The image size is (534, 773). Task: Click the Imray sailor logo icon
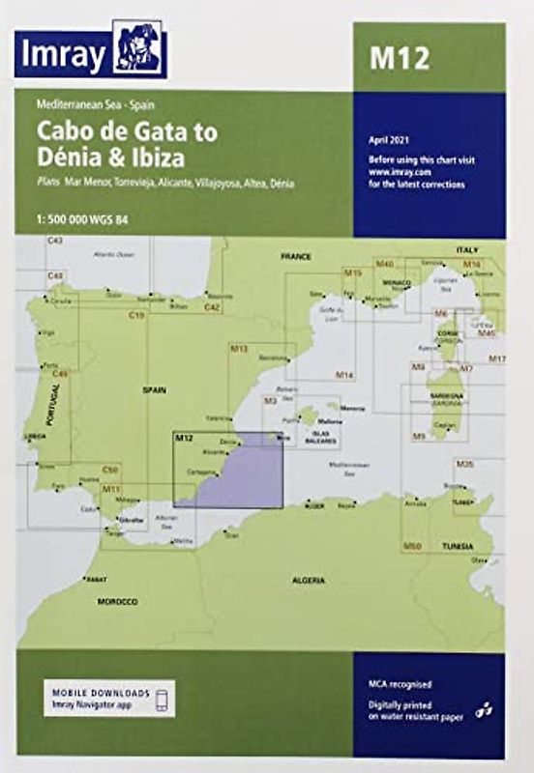tap(138, 48)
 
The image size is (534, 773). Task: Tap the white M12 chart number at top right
tap(398, 59)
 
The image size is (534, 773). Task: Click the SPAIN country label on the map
tap(154, 389)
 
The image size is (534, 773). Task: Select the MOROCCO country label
tap(118, 601)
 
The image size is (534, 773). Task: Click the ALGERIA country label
tap(310, 580)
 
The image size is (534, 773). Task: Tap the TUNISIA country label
tap(458, 547)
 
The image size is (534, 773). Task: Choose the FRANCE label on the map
tap(293, 258)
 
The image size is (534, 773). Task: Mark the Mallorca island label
tap(329, 421)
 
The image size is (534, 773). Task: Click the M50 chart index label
tap(412, 547)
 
